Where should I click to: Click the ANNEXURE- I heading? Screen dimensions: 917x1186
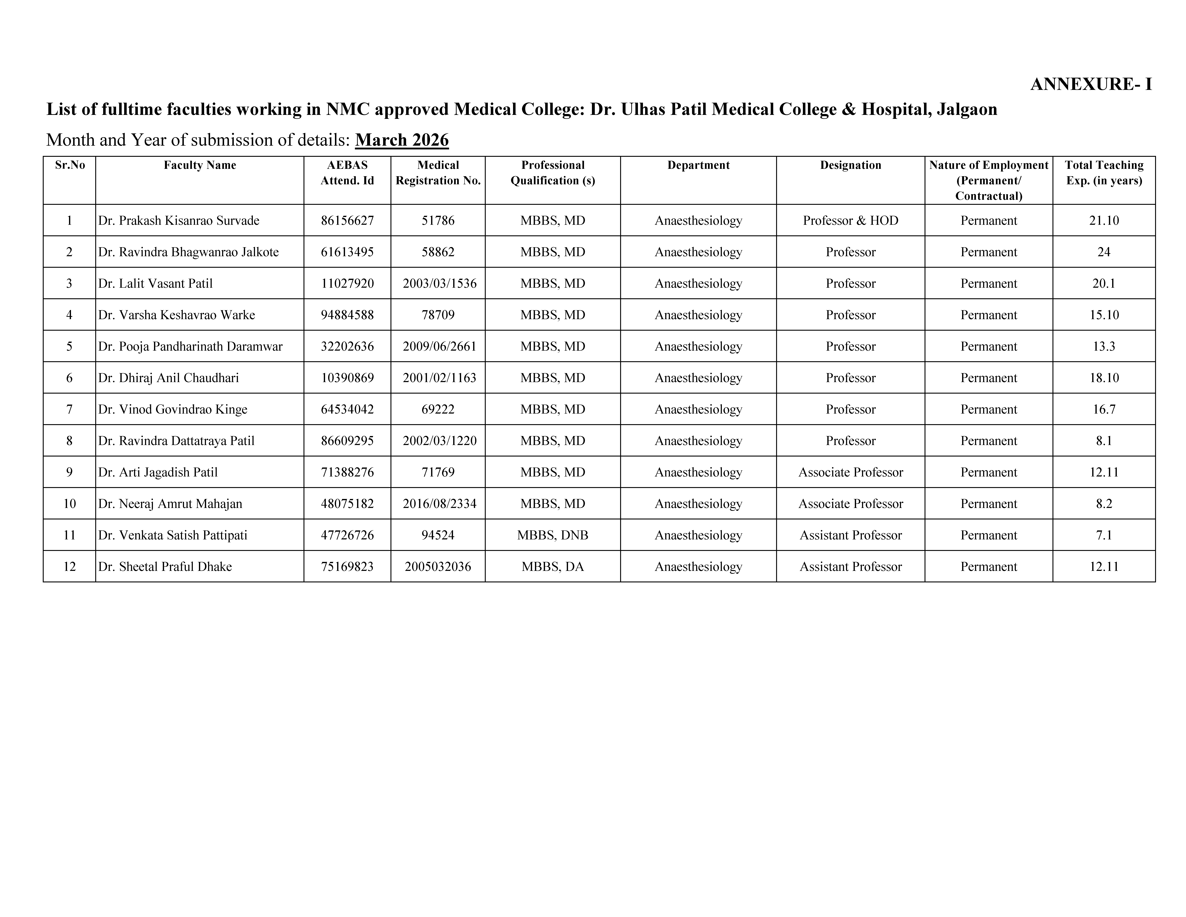(x=1090, y=84)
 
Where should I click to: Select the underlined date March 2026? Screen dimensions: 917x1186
(x=402, y=140)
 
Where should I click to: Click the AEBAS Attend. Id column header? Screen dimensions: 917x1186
(x=347, y=173)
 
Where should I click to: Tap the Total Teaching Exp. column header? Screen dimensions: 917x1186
(x=1104, y=173)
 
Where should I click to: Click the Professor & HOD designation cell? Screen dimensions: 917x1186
(x=850, y=221)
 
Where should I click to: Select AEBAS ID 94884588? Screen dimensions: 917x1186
(x=347, y=315)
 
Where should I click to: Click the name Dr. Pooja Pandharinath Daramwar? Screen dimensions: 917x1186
(x=190, y=347)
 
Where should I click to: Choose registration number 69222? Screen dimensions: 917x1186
(x=438, y=410)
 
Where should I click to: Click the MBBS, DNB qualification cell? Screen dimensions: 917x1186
(x=552, y=536)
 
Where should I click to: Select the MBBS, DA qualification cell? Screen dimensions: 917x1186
(x=552, y=567)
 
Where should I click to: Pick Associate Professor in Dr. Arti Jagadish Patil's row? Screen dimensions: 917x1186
(x=850, y=473)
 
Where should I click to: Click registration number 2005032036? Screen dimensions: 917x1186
(x=438, y=567)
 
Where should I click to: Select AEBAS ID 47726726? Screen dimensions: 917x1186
(x=347, y=536)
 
